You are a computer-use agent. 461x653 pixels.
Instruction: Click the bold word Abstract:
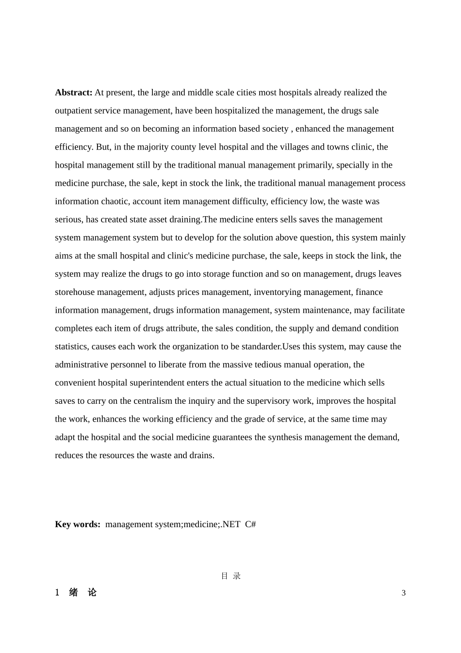[x=74, y=92]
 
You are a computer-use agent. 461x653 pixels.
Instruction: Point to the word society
[x=275, y=129]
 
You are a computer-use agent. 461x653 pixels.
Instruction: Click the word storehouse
[x=75, y=292]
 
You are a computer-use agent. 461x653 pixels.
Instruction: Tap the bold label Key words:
[x=78, y=524]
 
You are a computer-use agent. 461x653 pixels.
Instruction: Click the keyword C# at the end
[x=250, y=524]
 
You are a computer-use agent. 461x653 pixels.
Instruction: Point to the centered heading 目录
[x=230, y=576]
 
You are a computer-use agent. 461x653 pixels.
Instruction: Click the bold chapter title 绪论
[x=82, y=592]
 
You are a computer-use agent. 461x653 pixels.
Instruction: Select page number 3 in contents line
[x=403, y=593]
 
